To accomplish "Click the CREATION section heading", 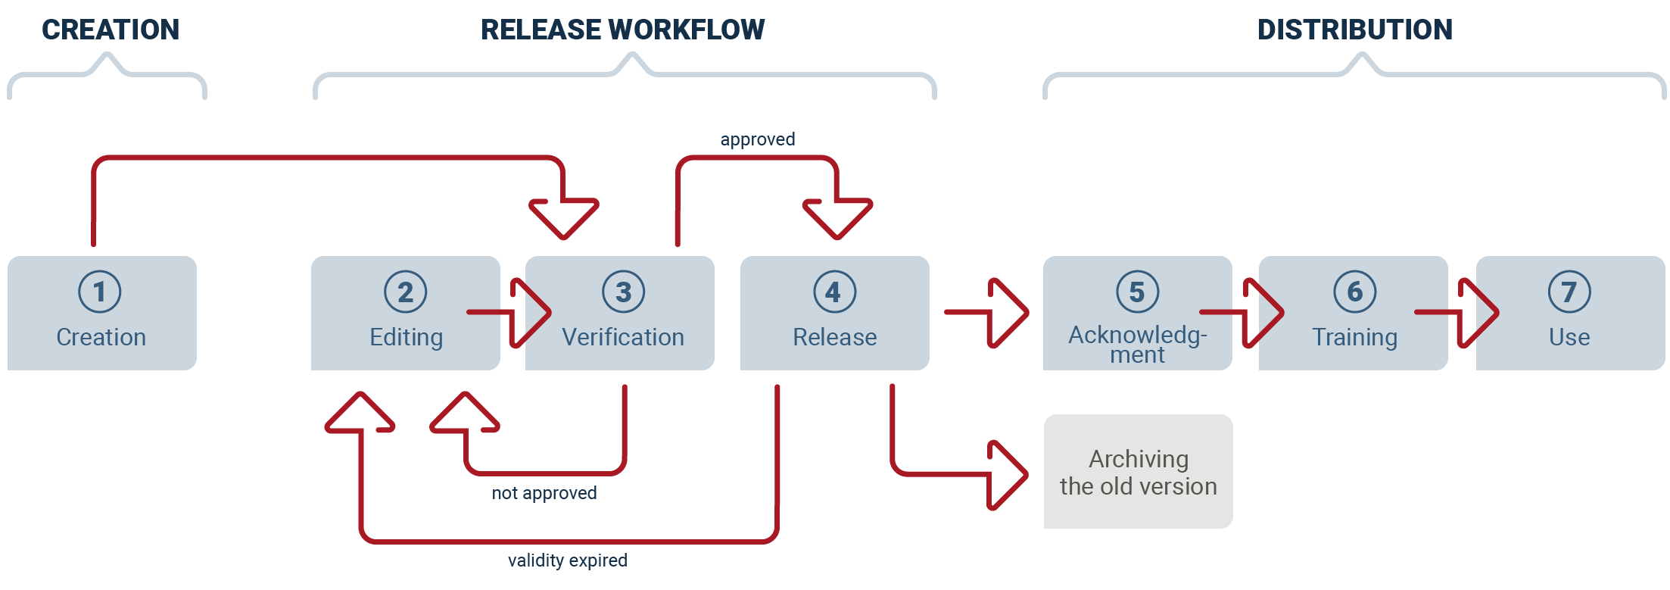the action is coord(111,30).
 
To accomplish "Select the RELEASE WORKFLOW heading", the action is coord(622,30).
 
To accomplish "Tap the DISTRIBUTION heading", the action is coord(1355,30).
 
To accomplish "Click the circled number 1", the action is coord(100,292).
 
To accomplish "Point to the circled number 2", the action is coord(406,292).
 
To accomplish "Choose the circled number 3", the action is coord(624,292).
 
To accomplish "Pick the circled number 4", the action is coord(835,292).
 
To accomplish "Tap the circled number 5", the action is coord(1138,292).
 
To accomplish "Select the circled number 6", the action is coord(1355,292).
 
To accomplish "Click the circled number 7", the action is coord(1570,292).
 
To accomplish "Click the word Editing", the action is coord(407,338).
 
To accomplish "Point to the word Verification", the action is coord(623,337).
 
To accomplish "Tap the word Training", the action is coord(1355,338).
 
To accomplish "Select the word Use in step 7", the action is coord(1570,337).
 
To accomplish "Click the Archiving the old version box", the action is coord(1139,471).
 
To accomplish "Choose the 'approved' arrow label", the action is coord(758,140).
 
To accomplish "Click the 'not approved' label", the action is coord(544,493).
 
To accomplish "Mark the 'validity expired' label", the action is coord(568,560).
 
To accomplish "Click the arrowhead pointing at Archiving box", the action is coord(1008,475).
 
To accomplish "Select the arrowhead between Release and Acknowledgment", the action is coord(1008,313).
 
